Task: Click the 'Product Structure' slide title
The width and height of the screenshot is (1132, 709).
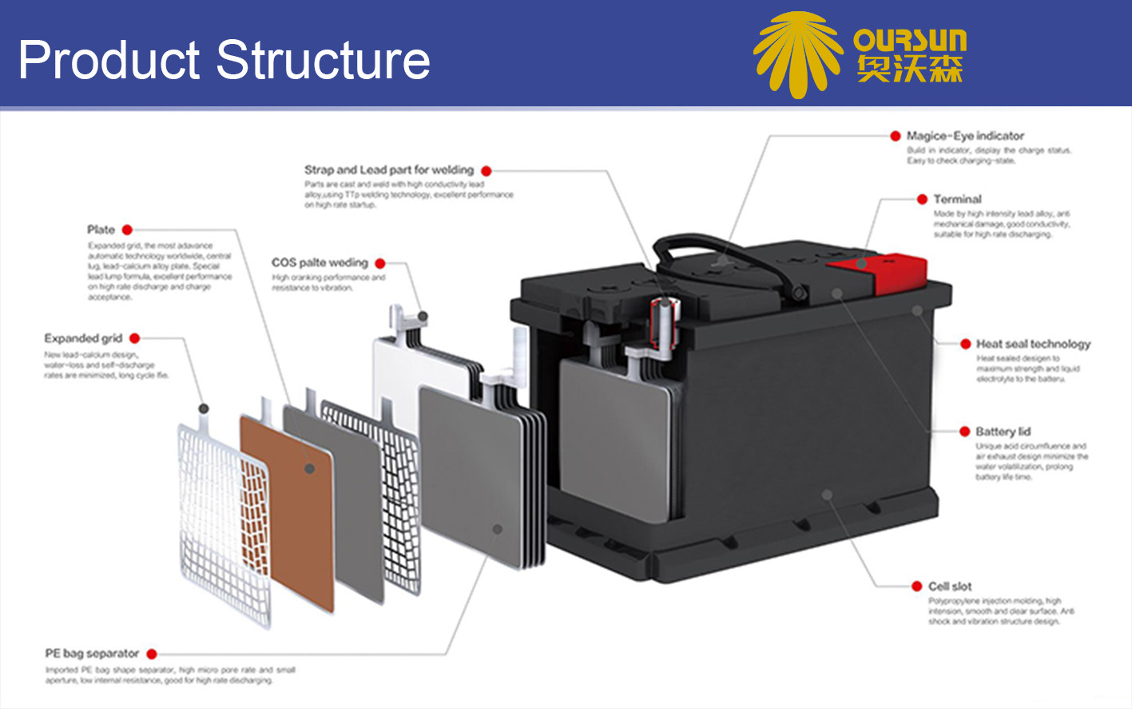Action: coord(224,60)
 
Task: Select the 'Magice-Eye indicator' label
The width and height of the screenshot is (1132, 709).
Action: coord(964,136)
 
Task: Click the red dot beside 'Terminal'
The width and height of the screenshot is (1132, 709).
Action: coord(922,199)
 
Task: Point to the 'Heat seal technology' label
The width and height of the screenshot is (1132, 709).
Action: coord(1032,344)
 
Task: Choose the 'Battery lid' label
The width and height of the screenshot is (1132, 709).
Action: coord(1003,432)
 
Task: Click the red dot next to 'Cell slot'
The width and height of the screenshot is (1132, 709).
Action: coord(917,586)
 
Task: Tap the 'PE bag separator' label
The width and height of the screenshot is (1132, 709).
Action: coord(92,654)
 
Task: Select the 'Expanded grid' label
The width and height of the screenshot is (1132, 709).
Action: coord(83,338)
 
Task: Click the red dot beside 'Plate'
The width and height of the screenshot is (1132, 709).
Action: coord(127,230)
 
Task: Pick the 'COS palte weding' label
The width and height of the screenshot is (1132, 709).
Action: coord(320,263)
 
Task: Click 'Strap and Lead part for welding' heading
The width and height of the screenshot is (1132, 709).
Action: coord(389,170)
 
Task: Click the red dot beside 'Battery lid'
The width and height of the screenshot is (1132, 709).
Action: coord(964,432)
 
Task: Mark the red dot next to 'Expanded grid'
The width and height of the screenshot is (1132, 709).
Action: coord(134,338)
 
